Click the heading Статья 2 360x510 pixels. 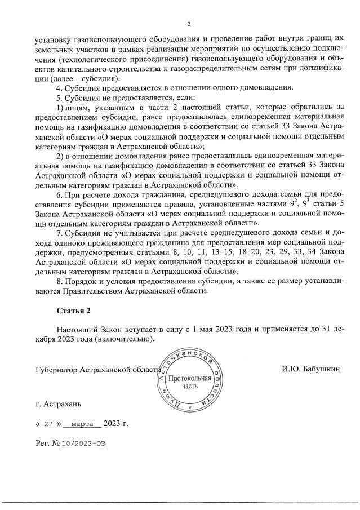tap(73, 311)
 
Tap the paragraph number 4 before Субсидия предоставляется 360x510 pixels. tap(60, 88)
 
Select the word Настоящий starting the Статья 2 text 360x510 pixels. tap(78, 330)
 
